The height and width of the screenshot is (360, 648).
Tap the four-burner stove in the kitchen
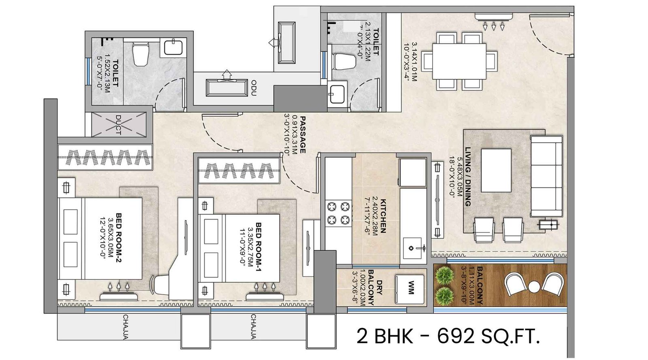[339, 213]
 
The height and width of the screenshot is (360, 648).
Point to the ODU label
[254, 88]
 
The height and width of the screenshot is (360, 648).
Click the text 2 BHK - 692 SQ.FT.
[448, 336]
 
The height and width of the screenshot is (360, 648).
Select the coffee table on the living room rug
[496, 170]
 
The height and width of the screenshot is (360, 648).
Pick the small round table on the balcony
[534, 287]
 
